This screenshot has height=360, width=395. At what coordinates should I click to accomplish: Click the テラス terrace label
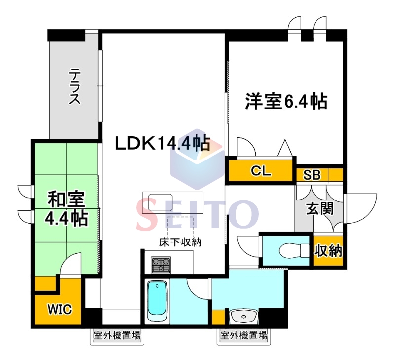pyautogui.click(x=75, y=86)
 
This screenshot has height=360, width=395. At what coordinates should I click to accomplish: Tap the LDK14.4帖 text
pyautogui.click(x=162, y=144)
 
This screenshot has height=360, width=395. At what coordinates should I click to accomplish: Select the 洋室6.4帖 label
pyautogui.click(x=286, y=102)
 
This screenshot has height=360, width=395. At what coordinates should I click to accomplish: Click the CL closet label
pyautogui.click(x=261, y=171)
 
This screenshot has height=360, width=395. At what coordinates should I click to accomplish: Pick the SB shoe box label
pyautogui.click(x=312, y=175)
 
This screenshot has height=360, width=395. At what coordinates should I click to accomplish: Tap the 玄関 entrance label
pyautogui.click(x=319, y=209)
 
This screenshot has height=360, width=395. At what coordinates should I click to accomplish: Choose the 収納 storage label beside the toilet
pyautogui.click(x=328, y=251)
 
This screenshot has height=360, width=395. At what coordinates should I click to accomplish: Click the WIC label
pyautogui.click(x=60, y=309)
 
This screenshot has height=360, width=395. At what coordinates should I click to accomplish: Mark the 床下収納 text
pyautogui.click(x=180, y=242)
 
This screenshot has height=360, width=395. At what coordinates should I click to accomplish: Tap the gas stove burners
pyautogui.click(x=161, y=265)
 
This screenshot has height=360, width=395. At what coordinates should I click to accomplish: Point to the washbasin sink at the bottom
pyautogui.click(x=243, y=317)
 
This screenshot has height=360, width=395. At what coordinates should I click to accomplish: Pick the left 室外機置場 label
pyautogui.click(x=117, y=336)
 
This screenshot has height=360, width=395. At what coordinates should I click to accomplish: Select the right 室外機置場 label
pyautogui.click(x=243, y=336)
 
